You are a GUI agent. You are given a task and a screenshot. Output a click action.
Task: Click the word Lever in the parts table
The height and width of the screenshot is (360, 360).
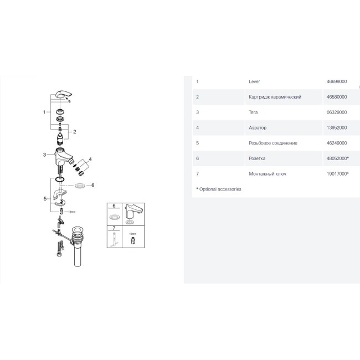(255, 81)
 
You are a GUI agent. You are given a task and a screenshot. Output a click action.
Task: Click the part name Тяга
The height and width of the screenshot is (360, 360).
(254, 112)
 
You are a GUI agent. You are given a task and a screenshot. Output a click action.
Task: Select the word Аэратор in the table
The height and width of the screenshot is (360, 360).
(258, 128)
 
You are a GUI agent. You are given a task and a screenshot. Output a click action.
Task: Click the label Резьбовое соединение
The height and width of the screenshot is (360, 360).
(273, 143)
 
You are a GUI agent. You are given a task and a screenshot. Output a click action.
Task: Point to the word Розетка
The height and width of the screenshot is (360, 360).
(258, 158)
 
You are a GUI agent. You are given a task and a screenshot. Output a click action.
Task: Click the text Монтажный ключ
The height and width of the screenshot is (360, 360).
(268, 174)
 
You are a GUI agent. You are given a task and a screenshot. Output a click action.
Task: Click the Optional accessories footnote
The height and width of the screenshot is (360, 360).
(219, 189)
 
